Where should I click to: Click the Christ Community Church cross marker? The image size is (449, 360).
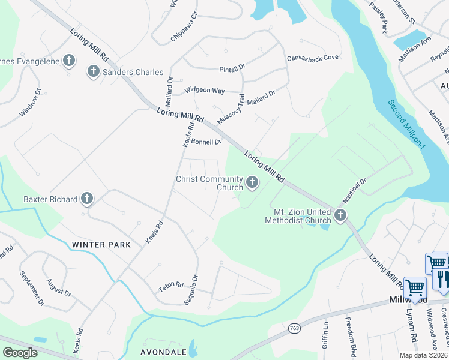tap(252, 182)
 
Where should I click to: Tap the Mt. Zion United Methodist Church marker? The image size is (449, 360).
tap(340, 215)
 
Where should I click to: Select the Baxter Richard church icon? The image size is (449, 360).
tap(87, 199)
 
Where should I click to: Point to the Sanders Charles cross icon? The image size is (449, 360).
tap(93, 72)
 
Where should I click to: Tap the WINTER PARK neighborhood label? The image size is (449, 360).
tap(97, 244)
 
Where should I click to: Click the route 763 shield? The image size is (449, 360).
tap(294, 328)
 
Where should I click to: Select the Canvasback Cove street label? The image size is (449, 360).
tap(313, 58)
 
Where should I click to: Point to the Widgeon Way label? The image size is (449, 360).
tap(205, 90)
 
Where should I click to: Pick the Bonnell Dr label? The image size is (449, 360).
tap(207, 142)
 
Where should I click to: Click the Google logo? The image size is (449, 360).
tap(20, 353)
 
